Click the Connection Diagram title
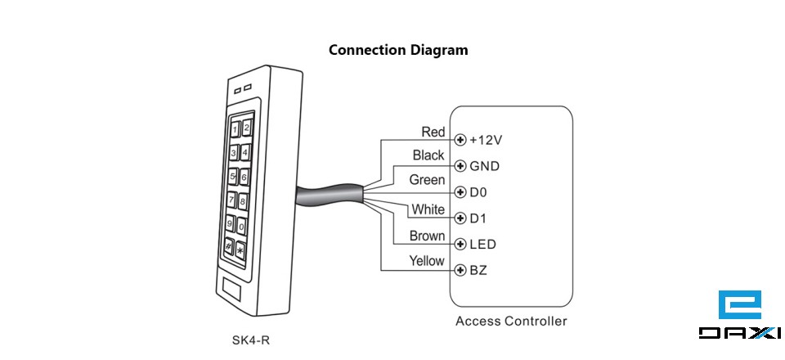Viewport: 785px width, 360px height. pos(398,50)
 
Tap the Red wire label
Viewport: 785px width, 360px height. pos(433,132)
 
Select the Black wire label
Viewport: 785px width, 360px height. pos(428,155)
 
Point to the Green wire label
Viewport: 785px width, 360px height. pos(427,180)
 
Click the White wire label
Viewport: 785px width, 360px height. pos(428,210)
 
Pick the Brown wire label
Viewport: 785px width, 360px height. pos(427,236)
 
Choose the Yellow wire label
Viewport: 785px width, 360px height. pos(426,262)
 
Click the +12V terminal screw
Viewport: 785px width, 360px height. pos(460,140)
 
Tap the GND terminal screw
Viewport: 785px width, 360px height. pos(460,166)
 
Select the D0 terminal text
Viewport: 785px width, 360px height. pos(479,192)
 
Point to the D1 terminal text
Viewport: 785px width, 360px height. pos(479,218)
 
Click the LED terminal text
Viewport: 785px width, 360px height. pos(482,245)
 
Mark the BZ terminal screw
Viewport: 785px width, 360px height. pos(460,270)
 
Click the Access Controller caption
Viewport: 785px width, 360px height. pos(510,321)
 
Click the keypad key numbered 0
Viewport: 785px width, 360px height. pos(242,224)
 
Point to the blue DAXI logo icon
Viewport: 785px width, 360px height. pos(739,305)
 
